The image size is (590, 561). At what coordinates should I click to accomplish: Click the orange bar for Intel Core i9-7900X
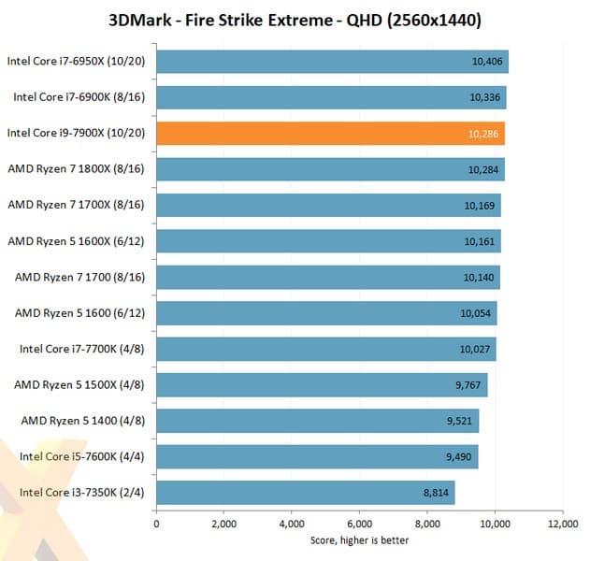click(330, 134)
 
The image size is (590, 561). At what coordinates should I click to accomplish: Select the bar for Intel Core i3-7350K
click(305, 492)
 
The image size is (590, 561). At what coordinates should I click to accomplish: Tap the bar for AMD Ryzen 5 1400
click(317, 420)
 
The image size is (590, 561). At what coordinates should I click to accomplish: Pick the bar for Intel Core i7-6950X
click(332, 62)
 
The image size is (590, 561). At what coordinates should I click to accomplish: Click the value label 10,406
click(487, 62)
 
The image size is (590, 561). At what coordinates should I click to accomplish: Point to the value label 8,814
click(434, 493)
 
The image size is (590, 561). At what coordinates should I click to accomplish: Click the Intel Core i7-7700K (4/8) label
click(82, 349)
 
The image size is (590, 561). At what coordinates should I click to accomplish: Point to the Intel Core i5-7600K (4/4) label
click(82, 456)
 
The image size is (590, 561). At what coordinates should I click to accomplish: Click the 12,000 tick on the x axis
click(562, 524)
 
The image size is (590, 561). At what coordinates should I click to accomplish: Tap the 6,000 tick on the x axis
click(359, 524)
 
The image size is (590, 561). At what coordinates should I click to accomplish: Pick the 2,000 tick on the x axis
click(223, 524)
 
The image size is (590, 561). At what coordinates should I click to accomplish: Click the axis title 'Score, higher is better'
click(359, 539)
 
